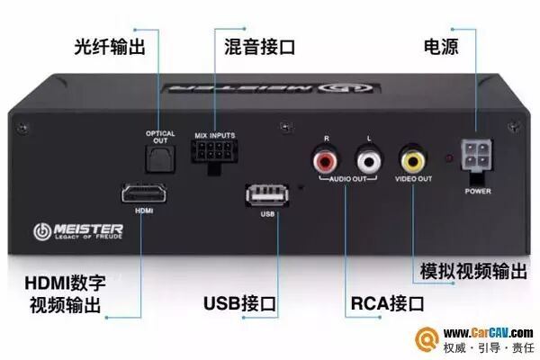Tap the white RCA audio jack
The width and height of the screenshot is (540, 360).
(x=368, y=162)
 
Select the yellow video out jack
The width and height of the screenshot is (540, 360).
(x=413, y=162)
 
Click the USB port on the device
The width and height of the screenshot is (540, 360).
(x=266, y=194)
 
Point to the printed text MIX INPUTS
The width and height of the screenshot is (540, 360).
(x=214, y=135)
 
